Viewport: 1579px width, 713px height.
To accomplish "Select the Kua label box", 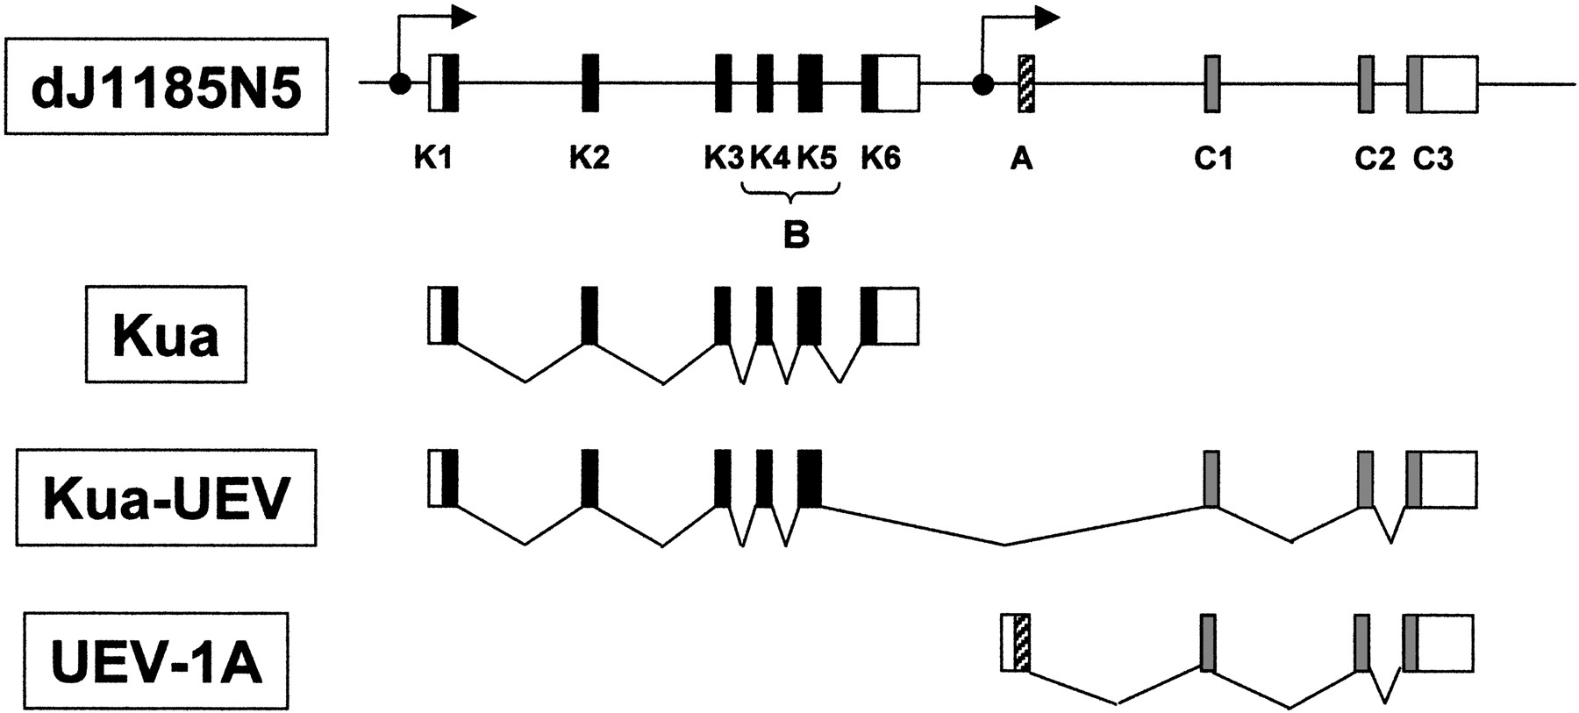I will tap(166, 334).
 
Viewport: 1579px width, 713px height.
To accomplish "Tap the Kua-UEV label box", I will tap(166, 498).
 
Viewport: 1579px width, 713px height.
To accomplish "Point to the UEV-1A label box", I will tap(157, 661).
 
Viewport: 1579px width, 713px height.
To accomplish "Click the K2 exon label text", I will tap(589, 159).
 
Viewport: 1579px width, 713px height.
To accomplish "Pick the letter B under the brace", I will tap(796, 234).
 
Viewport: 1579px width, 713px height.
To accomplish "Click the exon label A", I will tap(1022, 160).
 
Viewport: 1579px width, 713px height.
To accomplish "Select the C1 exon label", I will tap(1213, 160).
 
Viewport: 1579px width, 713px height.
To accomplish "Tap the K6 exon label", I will tap(881, 159).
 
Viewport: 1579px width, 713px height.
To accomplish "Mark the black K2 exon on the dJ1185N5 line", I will tap(590, 83).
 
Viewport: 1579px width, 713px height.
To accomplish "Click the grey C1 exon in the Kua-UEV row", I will tap(1211, 479).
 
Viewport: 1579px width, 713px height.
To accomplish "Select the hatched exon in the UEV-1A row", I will tap(1022, 643).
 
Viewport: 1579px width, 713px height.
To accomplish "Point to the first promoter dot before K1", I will tap(400, 84).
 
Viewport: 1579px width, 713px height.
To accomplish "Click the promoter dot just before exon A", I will tap(983, 84).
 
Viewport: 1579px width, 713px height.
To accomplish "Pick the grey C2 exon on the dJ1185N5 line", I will tap(1366, 83).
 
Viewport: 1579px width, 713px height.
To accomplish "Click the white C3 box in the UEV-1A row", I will tap(1445, 643).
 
